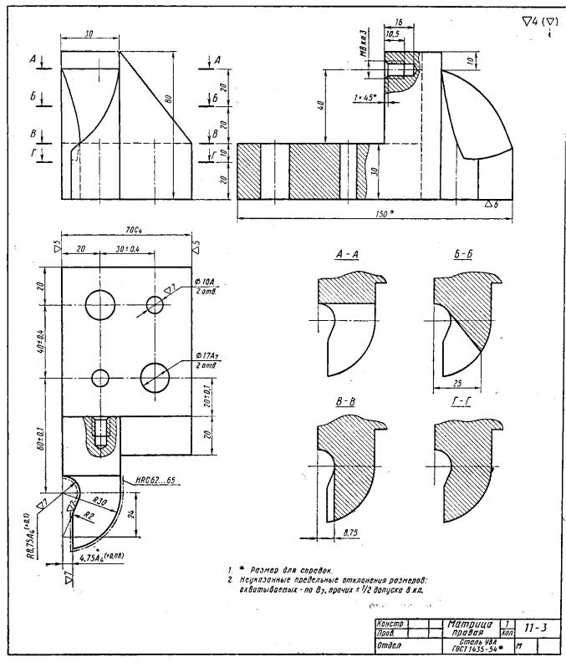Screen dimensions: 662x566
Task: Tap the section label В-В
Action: [x=345, y=402]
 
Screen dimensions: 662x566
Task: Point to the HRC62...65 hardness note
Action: [x=154, y=481]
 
